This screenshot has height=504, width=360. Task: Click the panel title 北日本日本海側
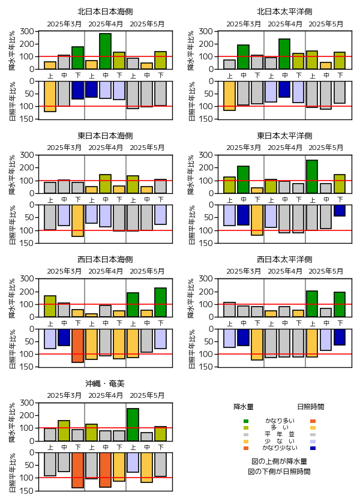click(x=105, y=11)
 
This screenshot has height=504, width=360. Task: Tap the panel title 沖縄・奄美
click(x=105, y=383)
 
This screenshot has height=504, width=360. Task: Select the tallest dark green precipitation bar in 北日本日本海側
click(x=105, y=51)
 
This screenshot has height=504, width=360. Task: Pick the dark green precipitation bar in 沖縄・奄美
click(x=133, y=424)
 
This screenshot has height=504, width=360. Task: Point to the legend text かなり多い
click(x=280, y=421)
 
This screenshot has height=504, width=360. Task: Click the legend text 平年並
click(x=280, y=434)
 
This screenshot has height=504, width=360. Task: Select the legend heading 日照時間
click(x=311, y=407)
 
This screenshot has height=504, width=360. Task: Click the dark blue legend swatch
click(x=313, y=448)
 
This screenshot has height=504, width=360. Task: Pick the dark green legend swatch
click(x=245, y=421)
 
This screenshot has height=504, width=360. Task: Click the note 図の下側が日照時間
click(x=280, y=472)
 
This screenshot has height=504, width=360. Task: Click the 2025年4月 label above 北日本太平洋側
click(x=284, y=24)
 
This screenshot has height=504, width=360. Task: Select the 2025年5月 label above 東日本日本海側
click(x=146, y=148)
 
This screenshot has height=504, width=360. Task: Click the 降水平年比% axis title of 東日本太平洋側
click(x=191, y=174)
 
